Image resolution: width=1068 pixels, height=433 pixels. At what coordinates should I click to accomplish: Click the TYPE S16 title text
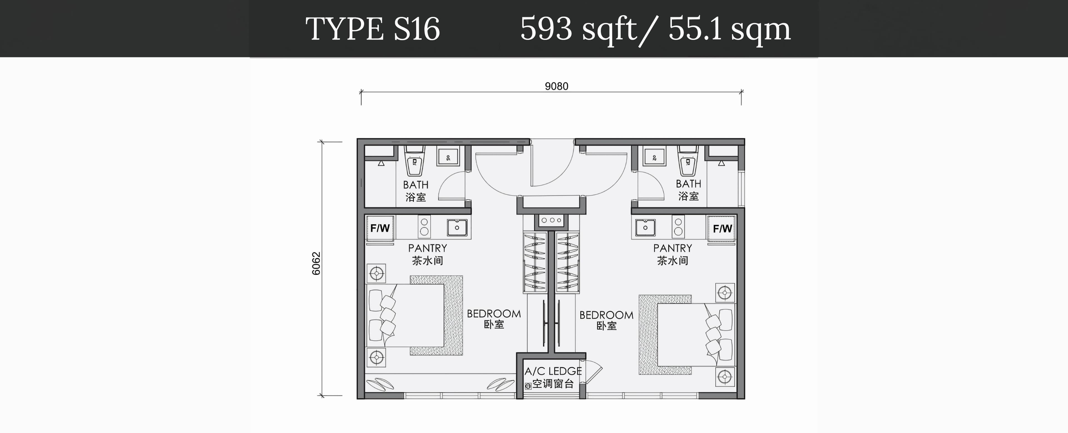tap(372, 29)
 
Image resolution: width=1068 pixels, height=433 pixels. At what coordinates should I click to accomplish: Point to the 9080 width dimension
tap(556, 86)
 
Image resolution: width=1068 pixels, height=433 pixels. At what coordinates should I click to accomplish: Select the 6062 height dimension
tap(316, 263)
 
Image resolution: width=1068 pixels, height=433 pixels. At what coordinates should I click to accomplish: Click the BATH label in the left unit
tap(416, 184)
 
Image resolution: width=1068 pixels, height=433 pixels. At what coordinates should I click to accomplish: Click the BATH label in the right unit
tap(688, 184)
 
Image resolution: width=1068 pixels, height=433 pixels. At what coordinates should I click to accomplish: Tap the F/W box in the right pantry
tap(722, 228)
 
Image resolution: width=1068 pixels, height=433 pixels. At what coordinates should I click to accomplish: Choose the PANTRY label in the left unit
tap(427, 248)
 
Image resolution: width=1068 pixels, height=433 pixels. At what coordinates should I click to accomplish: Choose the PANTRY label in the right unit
tap(673, 248)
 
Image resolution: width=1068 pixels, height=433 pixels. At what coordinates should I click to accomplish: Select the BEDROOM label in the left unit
tap(494, 314)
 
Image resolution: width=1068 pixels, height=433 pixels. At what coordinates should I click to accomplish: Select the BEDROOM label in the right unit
tap(606, 315)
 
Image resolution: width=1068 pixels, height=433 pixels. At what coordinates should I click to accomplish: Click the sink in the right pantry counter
tap(645, 227)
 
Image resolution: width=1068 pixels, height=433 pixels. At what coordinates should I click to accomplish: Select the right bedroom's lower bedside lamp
tap(725, 377)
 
